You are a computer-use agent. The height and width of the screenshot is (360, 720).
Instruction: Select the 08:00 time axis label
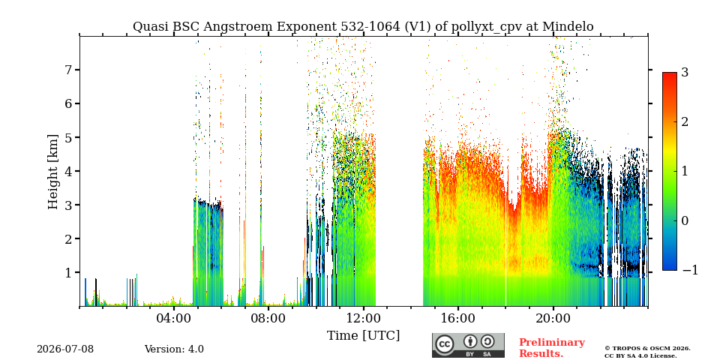coord(269,318)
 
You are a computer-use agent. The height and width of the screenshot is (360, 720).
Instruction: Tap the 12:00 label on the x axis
coord(364,318)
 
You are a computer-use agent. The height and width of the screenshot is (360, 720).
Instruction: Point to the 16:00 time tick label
coord(458,318)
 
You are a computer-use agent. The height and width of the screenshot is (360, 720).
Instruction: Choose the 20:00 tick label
coord(553,318)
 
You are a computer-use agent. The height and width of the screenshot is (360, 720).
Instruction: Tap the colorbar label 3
coord(685,72)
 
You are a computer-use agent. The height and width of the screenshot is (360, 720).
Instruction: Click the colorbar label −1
coord(690,270)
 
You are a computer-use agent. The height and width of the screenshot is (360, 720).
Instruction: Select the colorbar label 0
coord(685,220)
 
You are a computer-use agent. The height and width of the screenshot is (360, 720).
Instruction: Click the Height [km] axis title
coord(53,172)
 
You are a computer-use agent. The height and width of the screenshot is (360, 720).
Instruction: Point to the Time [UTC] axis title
coord(363,336)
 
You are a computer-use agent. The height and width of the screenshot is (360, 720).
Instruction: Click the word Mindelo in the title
coord(568,27)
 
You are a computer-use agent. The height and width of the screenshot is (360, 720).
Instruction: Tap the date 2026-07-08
coord(65,349)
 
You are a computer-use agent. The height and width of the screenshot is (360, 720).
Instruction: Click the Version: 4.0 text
coord(174,349)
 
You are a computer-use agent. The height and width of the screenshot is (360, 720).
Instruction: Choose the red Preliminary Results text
coord(552,347)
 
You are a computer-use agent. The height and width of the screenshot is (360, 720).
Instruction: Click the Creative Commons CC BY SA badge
coord(468,345)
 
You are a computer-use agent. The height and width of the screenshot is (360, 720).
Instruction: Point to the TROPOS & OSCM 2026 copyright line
coord(647,349)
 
